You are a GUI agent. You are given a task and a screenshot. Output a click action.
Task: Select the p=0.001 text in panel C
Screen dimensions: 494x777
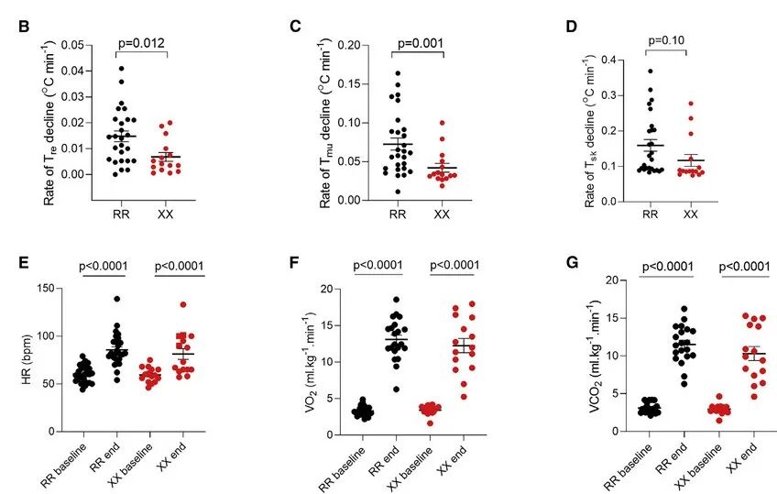pos(421,40)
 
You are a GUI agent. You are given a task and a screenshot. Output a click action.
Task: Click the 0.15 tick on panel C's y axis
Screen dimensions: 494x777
pos(350,83)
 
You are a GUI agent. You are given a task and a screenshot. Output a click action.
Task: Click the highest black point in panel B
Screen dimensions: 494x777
pos(121,68)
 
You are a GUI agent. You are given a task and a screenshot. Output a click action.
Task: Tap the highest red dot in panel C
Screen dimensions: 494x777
pos(442,122)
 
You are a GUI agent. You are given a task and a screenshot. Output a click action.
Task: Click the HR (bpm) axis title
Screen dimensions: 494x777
pos(27,359)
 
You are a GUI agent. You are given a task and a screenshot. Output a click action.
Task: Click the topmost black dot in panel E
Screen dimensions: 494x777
pos(117,299)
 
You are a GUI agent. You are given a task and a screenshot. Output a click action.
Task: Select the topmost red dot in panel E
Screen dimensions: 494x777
pos(183,304)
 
